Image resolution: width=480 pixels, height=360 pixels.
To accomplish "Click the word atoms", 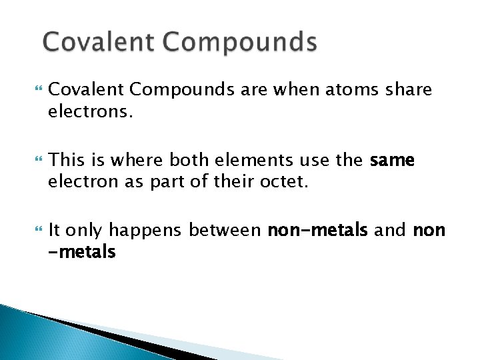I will click(347, 89).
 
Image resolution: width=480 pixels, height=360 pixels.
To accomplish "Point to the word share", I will click(408, 89).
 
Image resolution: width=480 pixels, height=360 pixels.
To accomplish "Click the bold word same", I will click(393, 160).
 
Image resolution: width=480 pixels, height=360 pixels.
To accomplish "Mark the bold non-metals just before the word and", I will click(317, 231).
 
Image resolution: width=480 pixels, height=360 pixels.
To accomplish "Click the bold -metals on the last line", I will click(82, 252).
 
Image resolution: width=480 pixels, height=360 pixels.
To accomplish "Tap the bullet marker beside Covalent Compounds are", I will click(30, 89).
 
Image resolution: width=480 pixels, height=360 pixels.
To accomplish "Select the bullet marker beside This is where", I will click(30, 161).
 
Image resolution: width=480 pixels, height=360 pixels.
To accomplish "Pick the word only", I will click(84, 231).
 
